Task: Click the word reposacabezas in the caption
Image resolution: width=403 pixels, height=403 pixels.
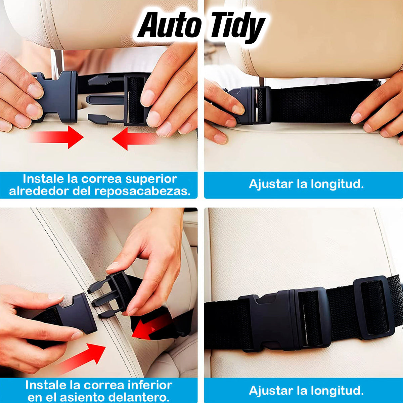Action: click(x=142, y=191)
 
